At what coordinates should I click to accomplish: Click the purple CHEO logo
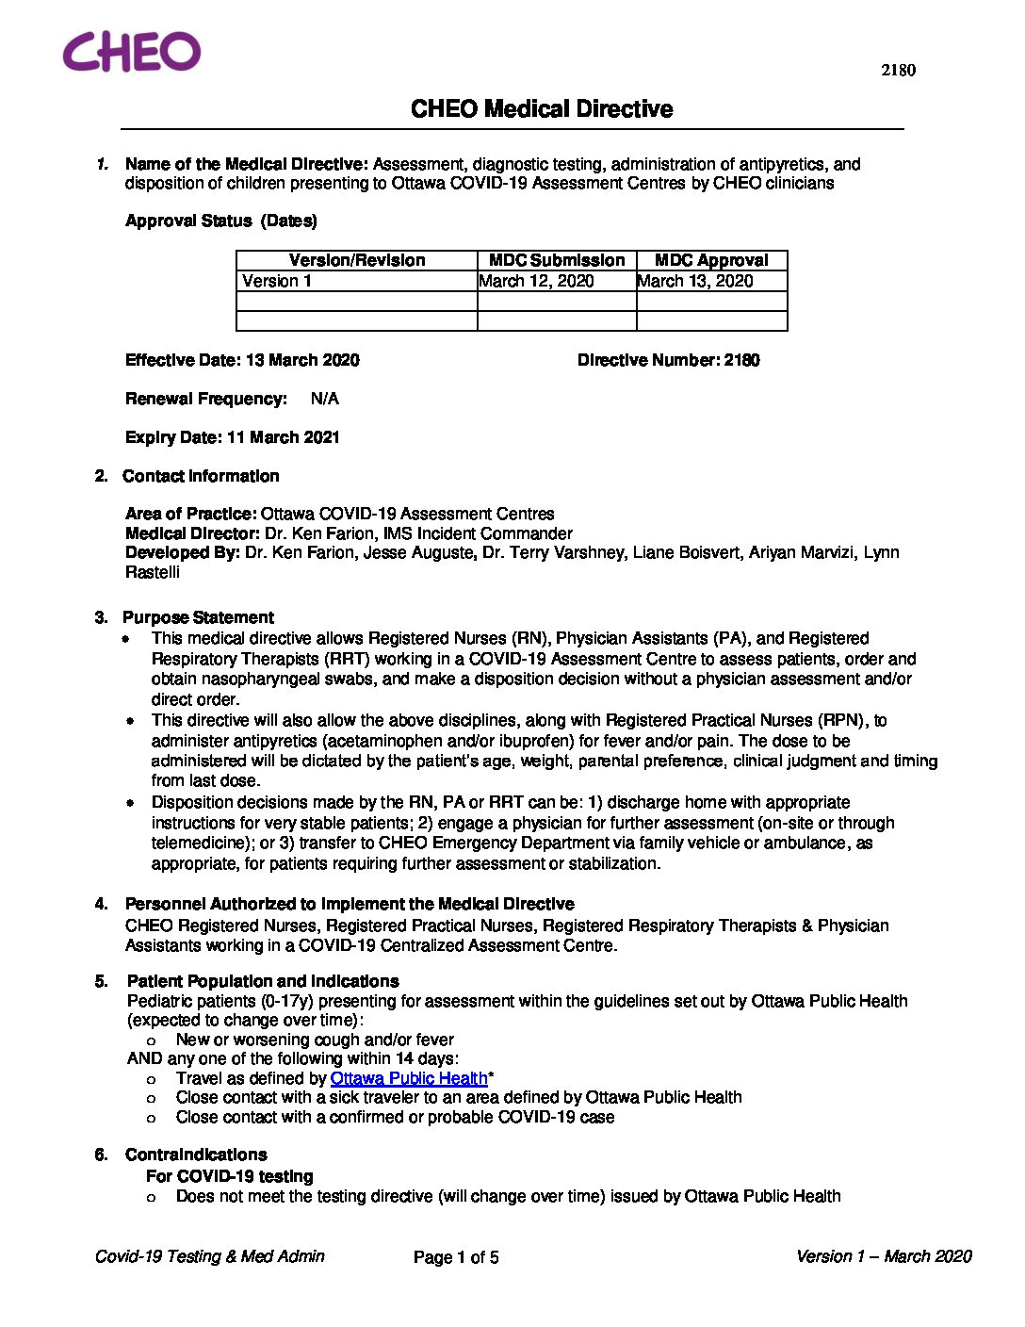[132, 52]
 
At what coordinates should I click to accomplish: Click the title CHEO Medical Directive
[542, 109]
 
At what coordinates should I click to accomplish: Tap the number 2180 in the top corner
[898, 70]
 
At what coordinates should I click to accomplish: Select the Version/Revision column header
[357, 261]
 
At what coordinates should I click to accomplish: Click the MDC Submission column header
[557, 261]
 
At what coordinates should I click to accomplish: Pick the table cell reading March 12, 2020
[537, 281]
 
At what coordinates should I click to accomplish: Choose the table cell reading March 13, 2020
[695, 281]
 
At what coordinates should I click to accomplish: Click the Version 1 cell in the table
[277, 281]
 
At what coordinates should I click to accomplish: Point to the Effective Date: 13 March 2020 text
[242, 360]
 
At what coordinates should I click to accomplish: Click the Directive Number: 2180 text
[668, 360]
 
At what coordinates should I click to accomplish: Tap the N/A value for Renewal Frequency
[325, 399]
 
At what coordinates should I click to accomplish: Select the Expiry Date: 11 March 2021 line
[233, 437]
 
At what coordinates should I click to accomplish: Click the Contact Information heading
[201, 476]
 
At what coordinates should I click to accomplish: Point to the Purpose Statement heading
[198, 617]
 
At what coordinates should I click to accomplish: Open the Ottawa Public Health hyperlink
[409, 1078]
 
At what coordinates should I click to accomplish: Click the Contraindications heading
[196, 1155]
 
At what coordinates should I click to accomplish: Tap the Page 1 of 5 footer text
[456, 1257]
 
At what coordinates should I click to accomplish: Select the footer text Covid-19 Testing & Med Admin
[210, 1256]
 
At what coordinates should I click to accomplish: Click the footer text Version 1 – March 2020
[883, 1256]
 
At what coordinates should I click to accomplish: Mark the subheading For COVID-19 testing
[229, 1176]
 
